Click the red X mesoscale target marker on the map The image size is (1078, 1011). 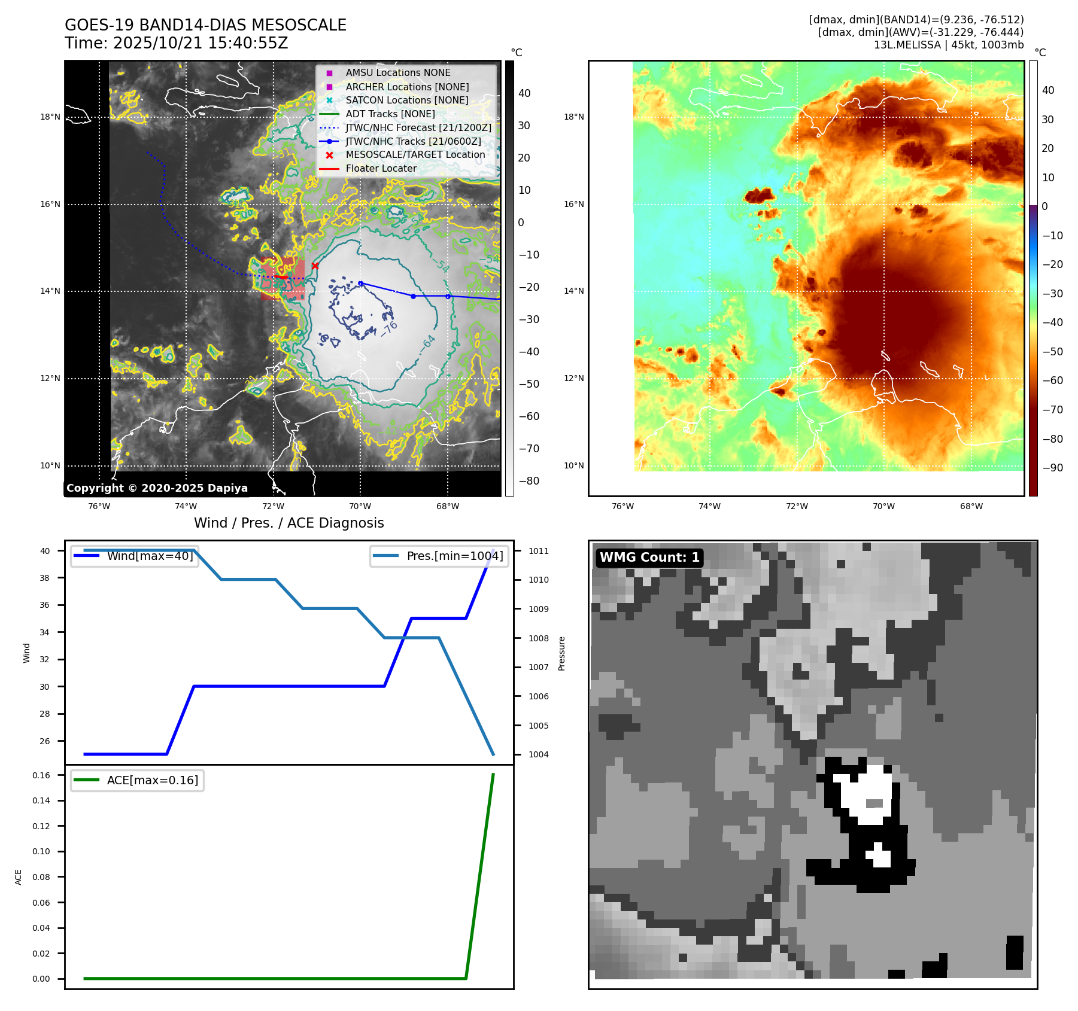coord(315,266)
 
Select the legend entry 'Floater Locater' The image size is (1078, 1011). coord(381,169)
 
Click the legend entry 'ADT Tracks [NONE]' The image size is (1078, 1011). coord(390,114)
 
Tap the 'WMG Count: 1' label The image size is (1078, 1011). coord(649,558)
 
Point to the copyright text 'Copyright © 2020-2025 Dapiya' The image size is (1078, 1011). coord(157,488)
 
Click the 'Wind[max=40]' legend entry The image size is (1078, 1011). coord(150,556)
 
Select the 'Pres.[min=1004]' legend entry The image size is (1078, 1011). coord(454,556)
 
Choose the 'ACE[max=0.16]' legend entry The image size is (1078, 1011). coord(152,780)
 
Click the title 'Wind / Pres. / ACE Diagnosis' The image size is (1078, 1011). coord(289,523)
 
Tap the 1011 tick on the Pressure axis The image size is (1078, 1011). coord(538,551)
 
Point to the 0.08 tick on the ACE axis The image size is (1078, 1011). coord(41,877)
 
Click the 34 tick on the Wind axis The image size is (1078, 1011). coord(45,632)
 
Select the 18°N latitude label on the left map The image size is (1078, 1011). coord(50,117)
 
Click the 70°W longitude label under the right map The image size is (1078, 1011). coord(883,506)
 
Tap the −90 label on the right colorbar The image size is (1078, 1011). coord(1052,468)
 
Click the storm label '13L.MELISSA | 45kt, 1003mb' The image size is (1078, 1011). coord(948,45)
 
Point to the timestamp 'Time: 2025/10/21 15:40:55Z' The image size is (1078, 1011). coord(177,43)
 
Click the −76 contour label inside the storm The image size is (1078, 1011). coord(388,328)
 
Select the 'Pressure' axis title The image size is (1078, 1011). coord(561,653)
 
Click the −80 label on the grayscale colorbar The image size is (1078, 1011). coord(529,481)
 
